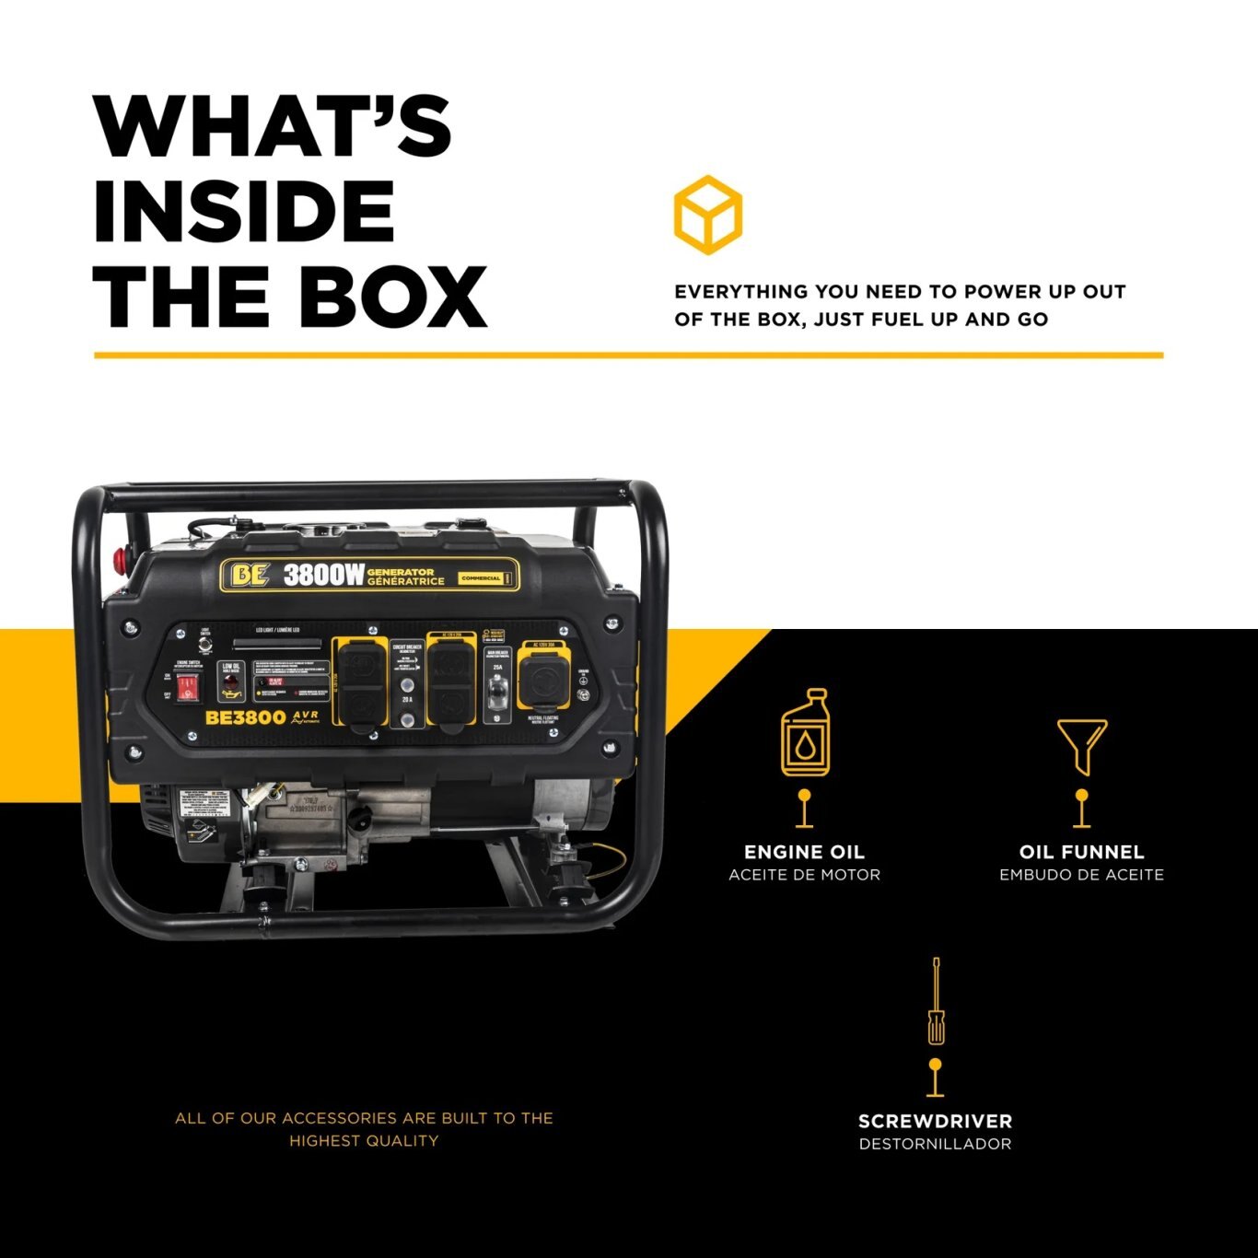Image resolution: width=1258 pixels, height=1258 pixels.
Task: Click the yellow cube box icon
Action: tap(707, 215)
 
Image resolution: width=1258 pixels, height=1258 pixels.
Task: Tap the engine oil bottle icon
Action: tap(804, 732)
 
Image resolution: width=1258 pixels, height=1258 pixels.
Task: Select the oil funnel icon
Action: tap(1081, 747)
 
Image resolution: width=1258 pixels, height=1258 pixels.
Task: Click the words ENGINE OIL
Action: tap(804, 852)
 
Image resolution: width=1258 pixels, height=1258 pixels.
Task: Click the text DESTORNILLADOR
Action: tap(935, 1144)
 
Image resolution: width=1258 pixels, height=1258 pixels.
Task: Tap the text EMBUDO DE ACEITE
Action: tap(1081, 875)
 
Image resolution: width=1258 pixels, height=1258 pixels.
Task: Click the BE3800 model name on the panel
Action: tap(245, 717)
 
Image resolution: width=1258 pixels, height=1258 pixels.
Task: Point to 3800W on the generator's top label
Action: tap(323, 575)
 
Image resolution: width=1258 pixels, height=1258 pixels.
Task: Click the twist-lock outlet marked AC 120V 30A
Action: tap(544, 681)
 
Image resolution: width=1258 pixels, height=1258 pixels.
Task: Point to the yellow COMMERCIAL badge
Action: tap(481, 578)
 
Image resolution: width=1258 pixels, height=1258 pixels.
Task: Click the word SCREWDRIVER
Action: tap(935, 1121)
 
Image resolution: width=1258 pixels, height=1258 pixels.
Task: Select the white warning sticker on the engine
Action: tap(204, 803)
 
